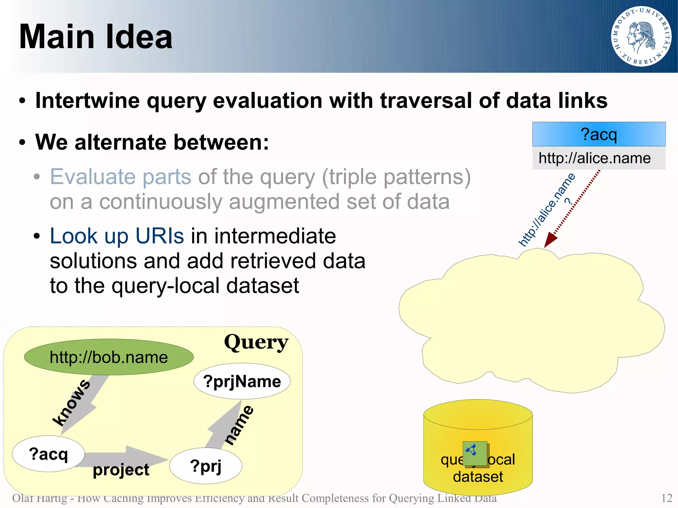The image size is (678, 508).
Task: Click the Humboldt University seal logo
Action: pyautogui.click(x=641, y=36)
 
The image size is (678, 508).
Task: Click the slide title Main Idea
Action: pyautogui.click(x=96, y=37)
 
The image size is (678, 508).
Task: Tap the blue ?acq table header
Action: pyautogui.click(x=599, y=134)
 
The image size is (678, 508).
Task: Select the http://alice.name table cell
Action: pyautogui.click(x=595, y=158)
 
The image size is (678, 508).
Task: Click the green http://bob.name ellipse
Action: pyautogui.click(x=109, y=357)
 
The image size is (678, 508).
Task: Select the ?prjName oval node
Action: pyautogui.click(x=242, y=381)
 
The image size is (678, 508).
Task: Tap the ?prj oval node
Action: pyautogui.click(x=206, y=466)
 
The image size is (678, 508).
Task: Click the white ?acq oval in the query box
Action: pyautogui.click(x=48, y=454)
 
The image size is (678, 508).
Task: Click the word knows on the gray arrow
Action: pyautogui.click(x=72, y=402)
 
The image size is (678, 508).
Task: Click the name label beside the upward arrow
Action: pyautogui.click(x=239, y=425)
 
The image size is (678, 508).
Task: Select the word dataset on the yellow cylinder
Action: pyautogui.click(x=478, y=477)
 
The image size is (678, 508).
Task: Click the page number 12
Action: pyautogui.click(x=666, y=498)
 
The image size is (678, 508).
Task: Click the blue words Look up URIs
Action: pyautogui.click(x=117, y=236)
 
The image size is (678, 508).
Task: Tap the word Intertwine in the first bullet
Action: pyautogui.click(x=87, y=101)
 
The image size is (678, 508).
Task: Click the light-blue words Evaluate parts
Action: pyautogui.click(x=121, y=177)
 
